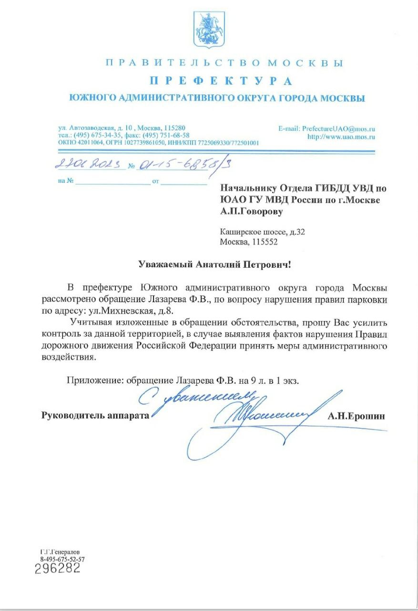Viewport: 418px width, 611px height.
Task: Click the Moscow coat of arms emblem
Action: tap(209, 30)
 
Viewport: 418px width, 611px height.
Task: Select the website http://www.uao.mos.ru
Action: tap(341, 137)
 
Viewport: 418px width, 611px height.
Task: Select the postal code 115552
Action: tap(263, 242)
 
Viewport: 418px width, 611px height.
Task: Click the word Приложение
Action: tap(94, 380)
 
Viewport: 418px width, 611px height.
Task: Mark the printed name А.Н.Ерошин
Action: tap(356, 416)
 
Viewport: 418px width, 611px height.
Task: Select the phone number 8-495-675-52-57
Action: tap(62, 559)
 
